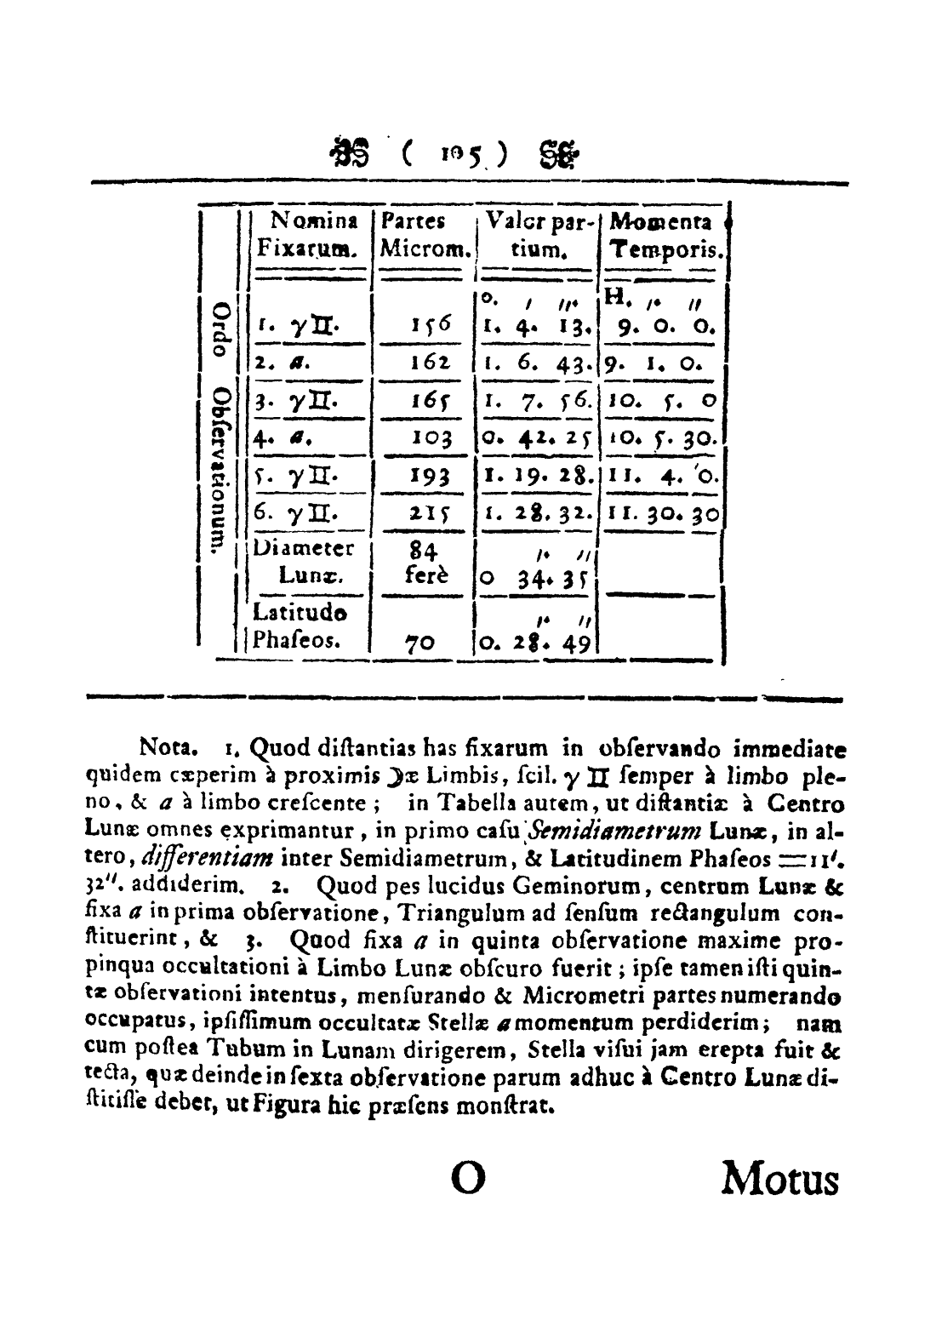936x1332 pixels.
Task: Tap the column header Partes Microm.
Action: pyautogui.click(x=425, y=236)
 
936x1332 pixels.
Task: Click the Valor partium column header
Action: pyautogui.click(x=539, y=236)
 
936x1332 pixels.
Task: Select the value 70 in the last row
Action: pyautogui.click(x=420, y=643)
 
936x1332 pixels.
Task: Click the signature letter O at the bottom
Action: pyautogui.click(x=468, y=1181)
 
